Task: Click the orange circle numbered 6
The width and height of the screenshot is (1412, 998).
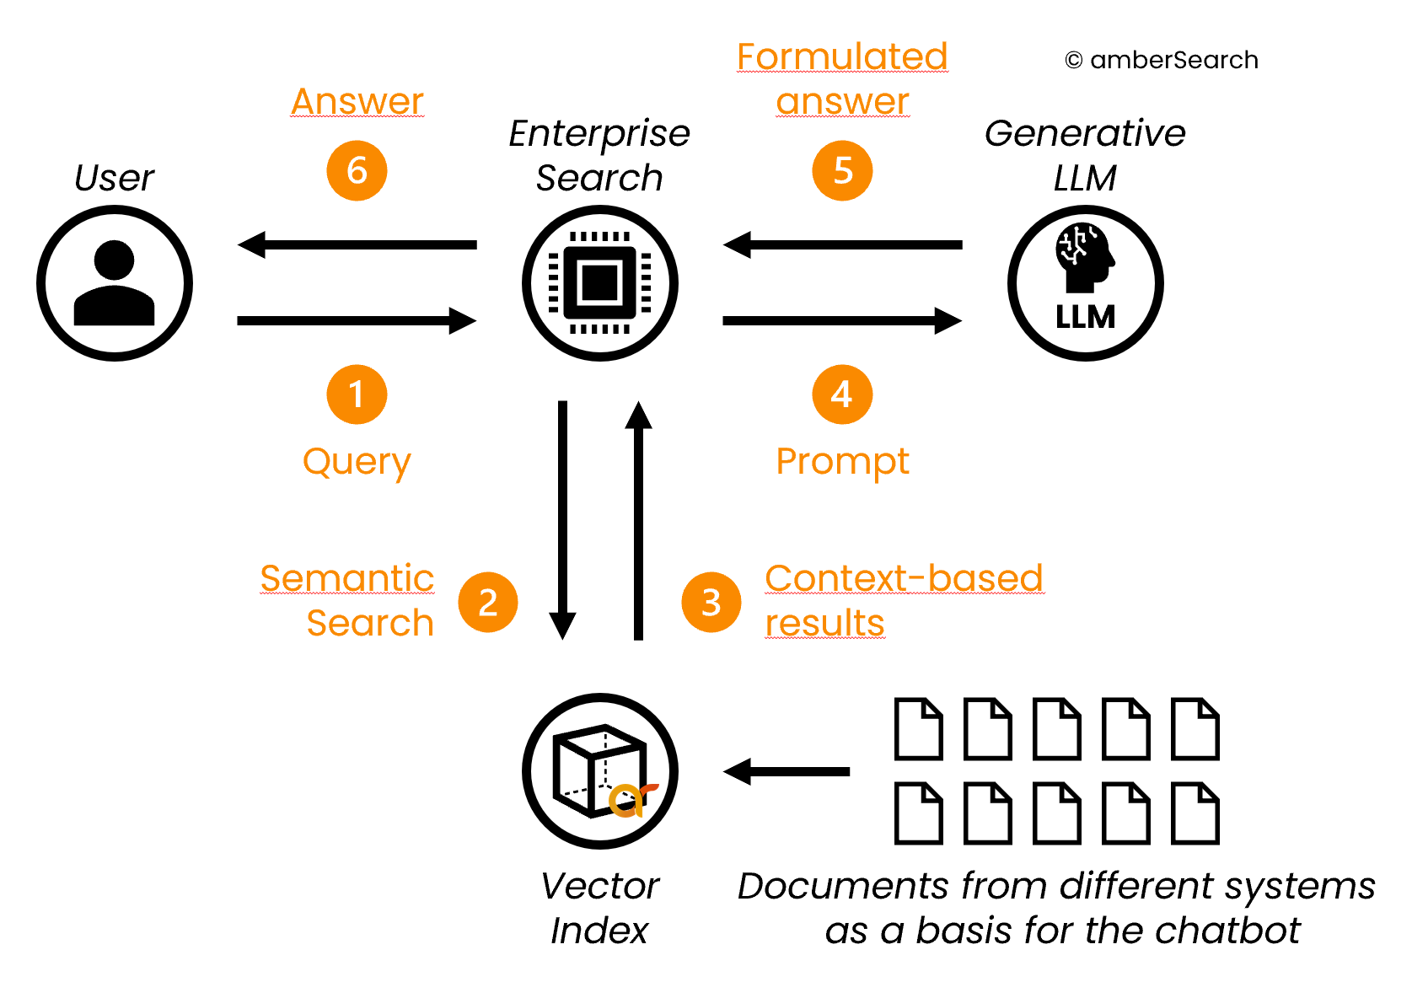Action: (x=357, y=171)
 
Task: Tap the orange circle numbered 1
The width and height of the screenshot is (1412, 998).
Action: (x=357, y=394)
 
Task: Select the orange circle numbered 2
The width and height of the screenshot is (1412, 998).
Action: (x=487, y=603)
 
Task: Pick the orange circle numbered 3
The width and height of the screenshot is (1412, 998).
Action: (x=711, y=603)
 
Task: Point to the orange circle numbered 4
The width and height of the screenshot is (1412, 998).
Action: (x=842, y=394)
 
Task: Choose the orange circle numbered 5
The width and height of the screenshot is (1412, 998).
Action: (x=842, y=171)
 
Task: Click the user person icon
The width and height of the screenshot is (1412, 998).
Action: (x=115, y=283)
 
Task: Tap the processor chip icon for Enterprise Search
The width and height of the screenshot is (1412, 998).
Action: (x=599, y=283)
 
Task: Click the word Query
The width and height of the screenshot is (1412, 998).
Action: (x=357, y=462)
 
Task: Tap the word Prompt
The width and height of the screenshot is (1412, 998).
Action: (x=842, y=462)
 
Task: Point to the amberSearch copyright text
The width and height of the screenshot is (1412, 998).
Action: (x=1162, y=61)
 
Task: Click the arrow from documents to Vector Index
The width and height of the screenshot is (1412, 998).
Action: (x=787, y=771)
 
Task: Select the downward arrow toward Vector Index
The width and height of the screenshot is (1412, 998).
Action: (x=562, y=518)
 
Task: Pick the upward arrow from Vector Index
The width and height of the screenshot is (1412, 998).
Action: (x=638, y=518)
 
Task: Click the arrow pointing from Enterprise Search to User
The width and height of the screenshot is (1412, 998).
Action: (x=357, y=245)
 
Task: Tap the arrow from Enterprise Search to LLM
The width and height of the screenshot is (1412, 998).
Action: (x=842, y=320)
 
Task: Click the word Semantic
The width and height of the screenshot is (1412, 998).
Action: (x=346, y=579)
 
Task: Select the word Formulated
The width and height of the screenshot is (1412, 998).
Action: (x=842, y=57)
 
